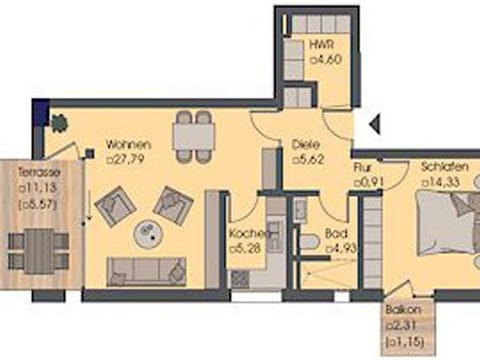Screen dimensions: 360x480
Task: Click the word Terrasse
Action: pos(39,172)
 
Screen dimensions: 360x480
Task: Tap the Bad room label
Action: pos(335,236)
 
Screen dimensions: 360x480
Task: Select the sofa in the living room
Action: pos(146,270)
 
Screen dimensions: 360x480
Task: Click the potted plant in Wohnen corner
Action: pos(58,123)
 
